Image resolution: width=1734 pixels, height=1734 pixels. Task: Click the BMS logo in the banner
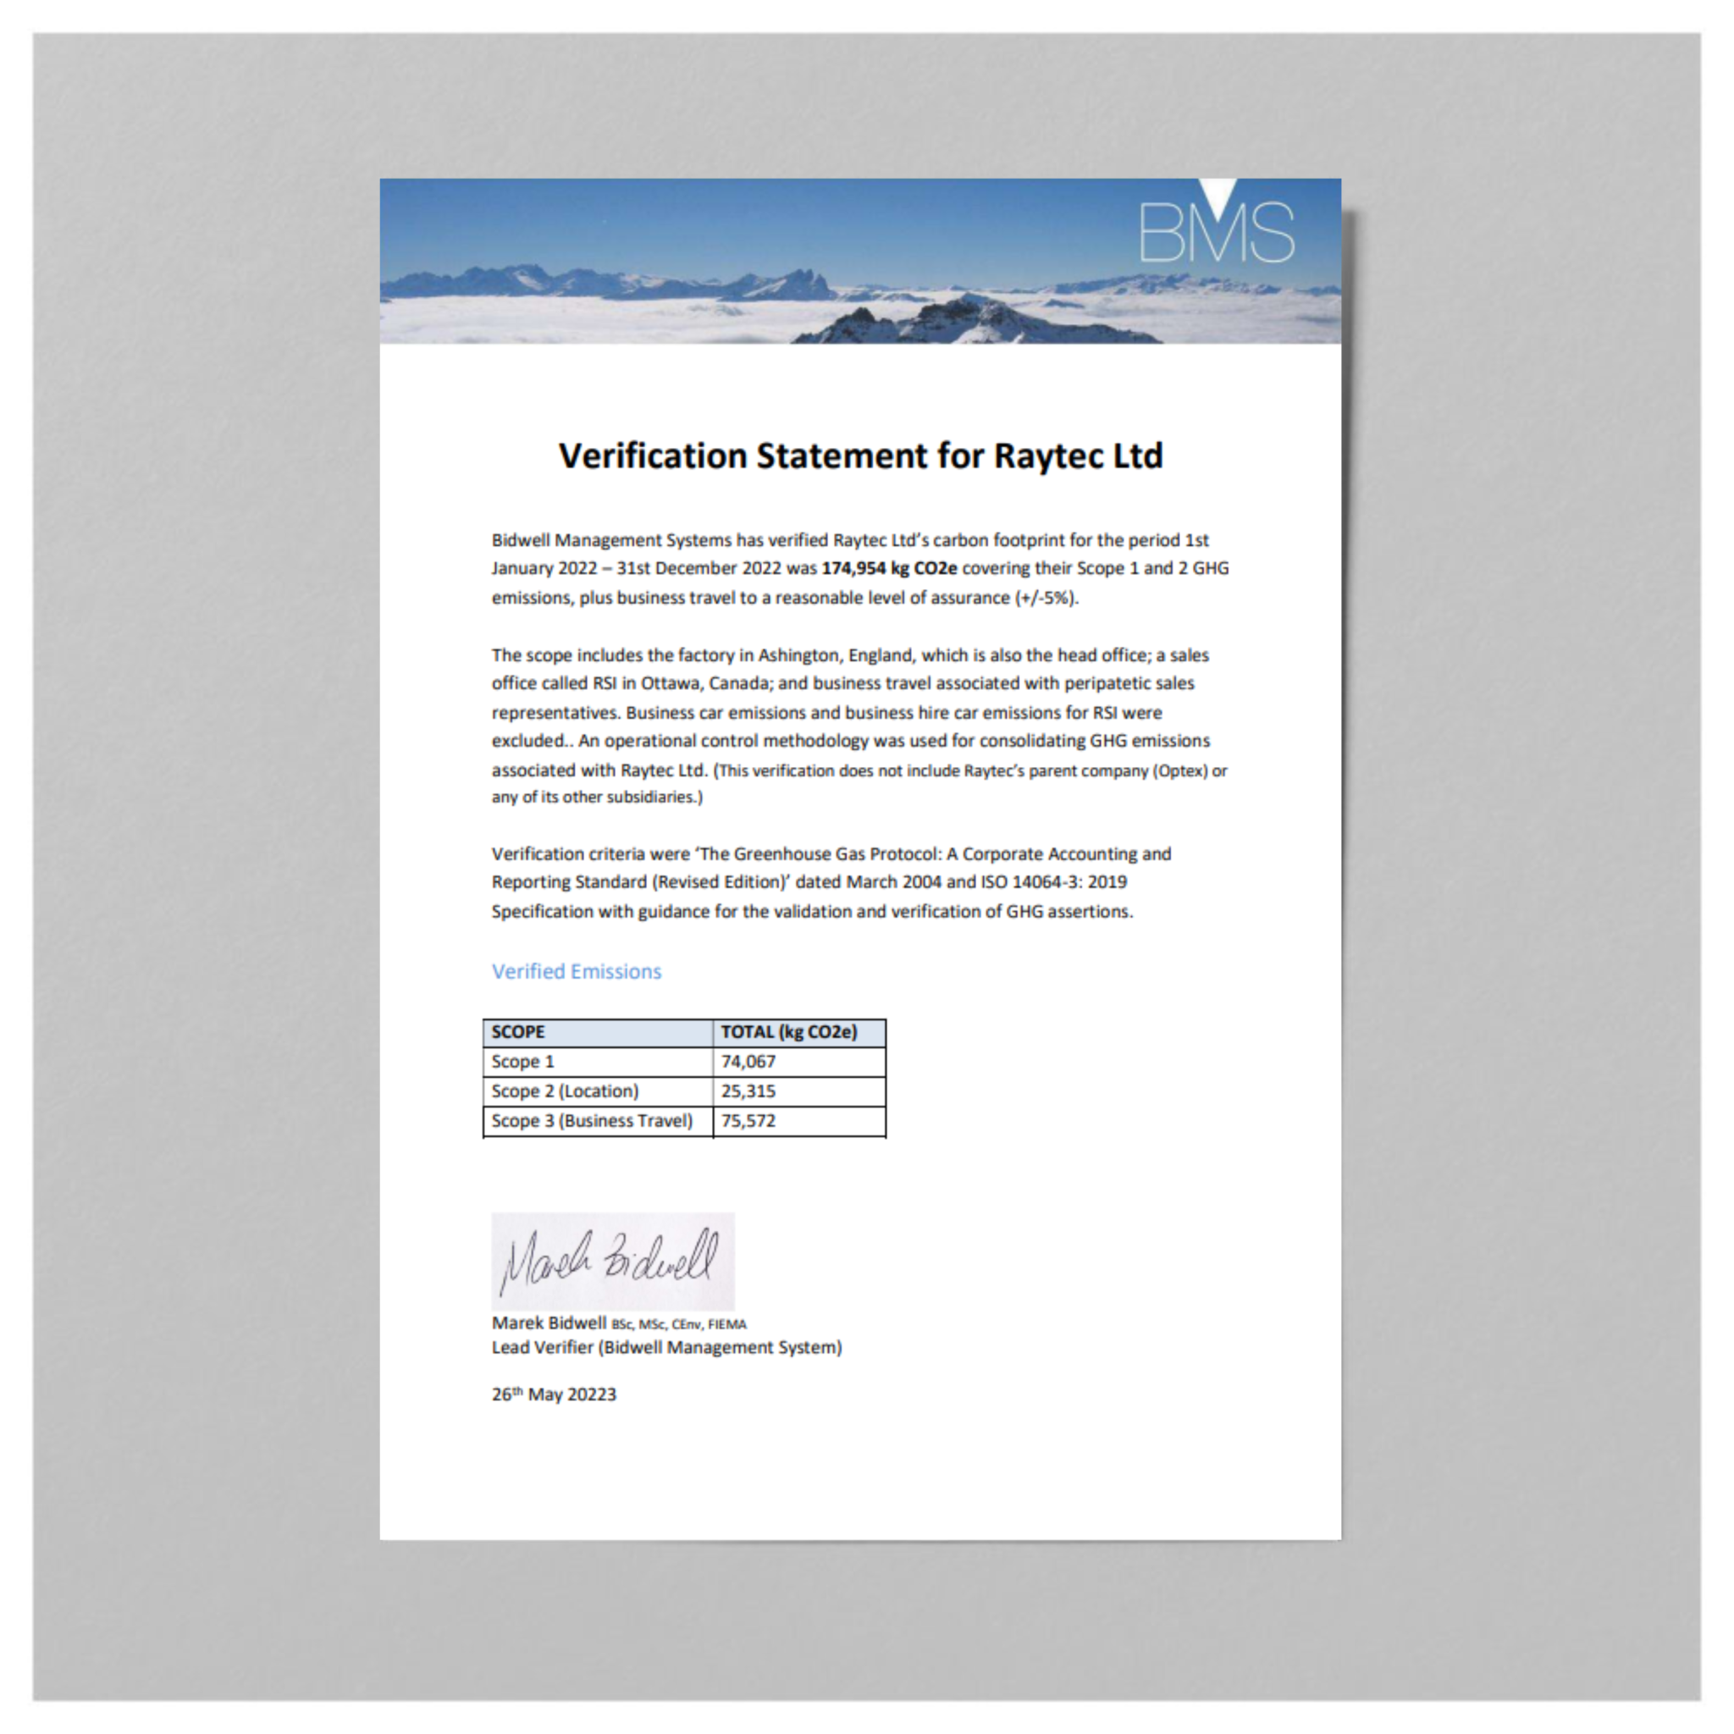[x=1216, y=229]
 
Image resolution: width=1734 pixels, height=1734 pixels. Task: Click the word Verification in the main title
[x=653, y=456]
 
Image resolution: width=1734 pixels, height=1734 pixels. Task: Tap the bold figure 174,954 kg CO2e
[x=888, y=568]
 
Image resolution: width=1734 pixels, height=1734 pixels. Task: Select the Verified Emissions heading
[x=577, y=971]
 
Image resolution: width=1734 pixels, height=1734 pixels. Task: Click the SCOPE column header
[x=518, y=1032]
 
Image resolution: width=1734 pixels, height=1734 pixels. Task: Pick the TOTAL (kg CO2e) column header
[x=788, y=1032]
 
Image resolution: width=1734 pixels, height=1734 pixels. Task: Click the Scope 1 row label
[x=522, y=1062]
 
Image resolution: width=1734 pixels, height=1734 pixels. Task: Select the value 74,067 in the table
[x=748, y=1062]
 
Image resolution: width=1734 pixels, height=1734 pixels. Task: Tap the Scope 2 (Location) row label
[x=565, y=1091]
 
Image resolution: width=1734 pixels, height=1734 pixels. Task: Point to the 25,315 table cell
[x=748, y=1091]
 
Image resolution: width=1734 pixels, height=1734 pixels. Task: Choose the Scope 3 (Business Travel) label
[x=592, y=1121]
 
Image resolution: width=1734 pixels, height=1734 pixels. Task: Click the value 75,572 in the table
[x=748, y=1121]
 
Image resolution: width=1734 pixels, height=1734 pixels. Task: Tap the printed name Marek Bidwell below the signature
[x=549, y=1323]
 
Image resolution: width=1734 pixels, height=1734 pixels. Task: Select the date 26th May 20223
[x=554, y=1394]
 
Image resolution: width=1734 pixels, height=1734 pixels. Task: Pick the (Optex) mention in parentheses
[x=1179, y=771]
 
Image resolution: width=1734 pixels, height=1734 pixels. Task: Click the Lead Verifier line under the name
[x=666, y=1347]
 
